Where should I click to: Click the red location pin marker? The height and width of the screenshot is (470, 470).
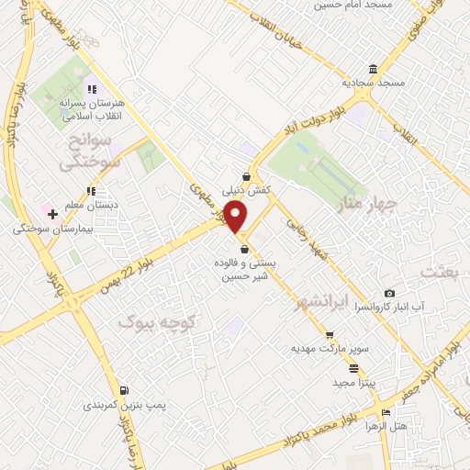[236, 217]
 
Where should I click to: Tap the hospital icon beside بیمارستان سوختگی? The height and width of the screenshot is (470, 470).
[53, 214]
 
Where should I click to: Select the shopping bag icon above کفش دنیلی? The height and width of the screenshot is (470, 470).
[246, 177]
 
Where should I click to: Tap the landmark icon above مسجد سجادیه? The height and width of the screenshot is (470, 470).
[372, 71]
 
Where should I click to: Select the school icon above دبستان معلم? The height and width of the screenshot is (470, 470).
[90, 191]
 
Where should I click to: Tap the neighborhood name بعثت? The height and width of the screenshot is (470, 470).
[439, 271]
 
